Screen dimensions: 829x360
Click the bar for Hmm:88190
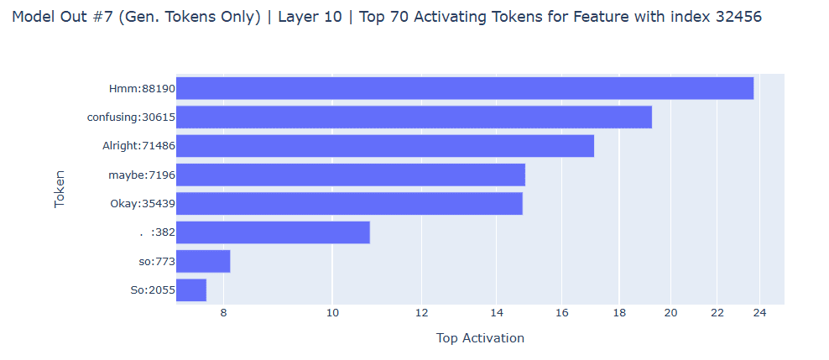[x=465, y=88]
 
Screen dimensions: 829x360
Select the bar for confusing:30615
[x=414, y=117]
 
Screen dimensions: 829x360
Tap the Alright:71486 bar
[x=385, y=146]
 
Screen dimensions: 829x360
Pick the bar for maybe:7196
[x=351, y=175]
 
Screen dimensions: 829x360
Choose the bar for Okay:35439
[x=349, y=204]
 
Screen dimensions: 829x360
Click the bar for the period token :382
[x=273, y=232]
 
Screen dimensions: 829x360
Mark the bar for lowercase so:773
[x=203, y=261]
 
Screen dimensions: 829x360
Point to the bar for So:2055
[x=191, y=290]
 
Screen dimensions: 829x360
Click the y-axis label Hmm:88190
[x=142, y=88]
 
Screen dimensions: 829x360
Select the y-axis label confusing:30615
[x=131, y=117]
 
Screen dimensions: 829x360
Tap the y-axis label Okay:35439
[x=143, y=204]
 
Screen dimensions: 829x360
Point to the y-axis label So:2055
[x=153, y=290]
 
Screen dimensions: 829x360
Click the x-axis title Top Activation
[x=480, y=338]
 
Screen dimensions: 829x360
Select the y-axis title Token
[x=60, y=189]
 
